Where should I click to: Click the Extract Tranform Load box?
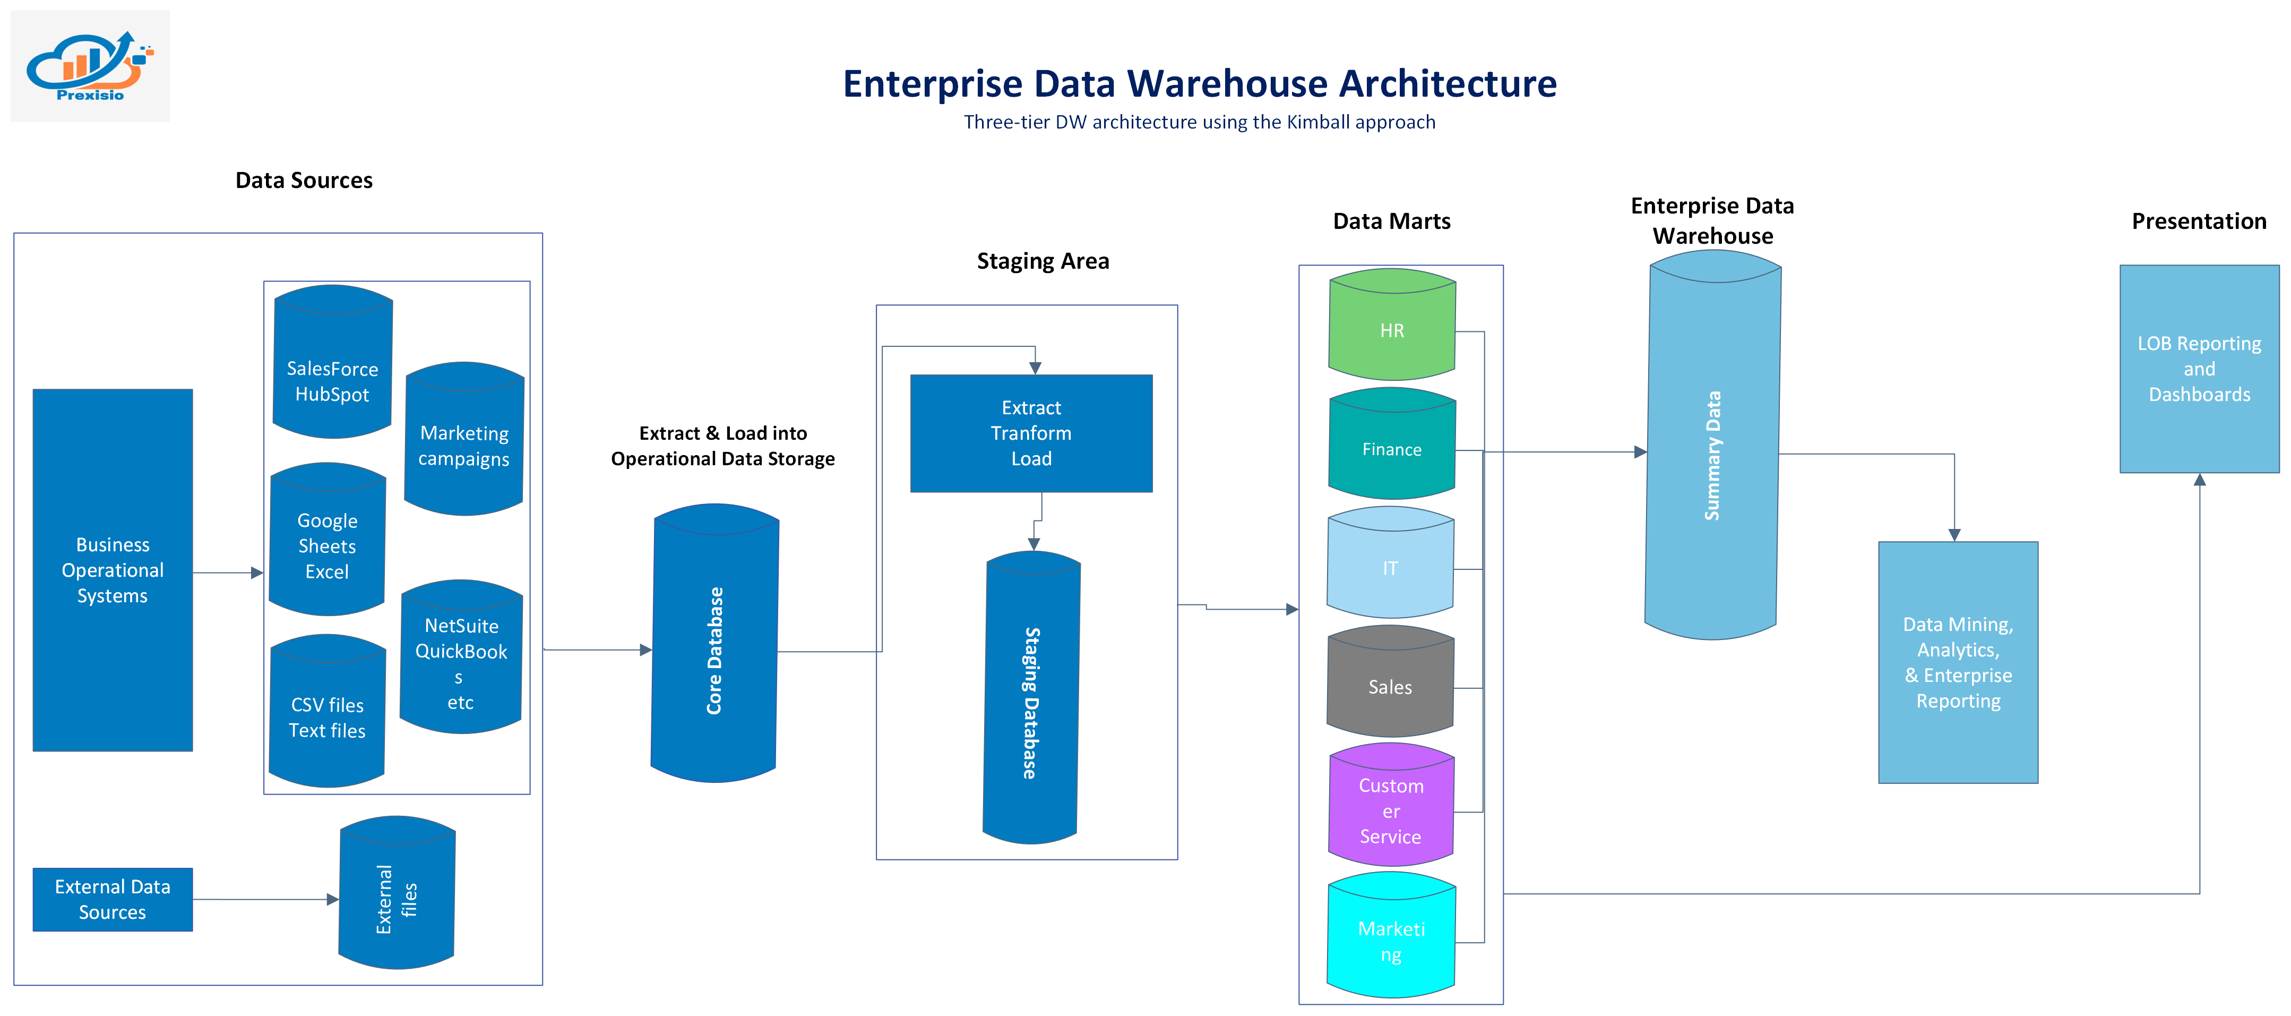tap(1031, 433)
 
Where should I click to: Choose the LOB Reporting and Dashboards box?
tap(2199, 369)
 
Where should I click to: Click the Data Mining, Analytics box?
tap(1958, 663)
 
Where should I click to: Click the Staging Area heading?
tap(1043, 261)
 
